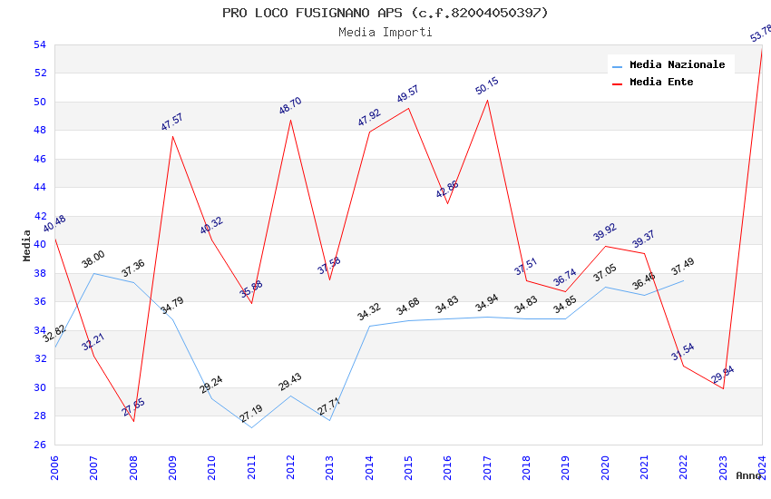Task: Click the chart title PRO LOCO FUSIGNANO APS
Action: pos(385,13)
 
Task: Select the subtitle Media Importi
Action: pos(385,33)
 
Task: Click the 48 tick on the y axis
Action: pos(40,131)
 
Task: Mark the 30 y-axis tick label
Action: pos(40,387)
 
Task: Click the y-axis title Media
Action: pos(26,245)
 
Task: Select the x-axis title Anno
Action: pos(748,475)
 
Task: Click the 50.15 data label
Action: pos(487,86)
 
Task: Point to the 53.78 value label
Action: pos(760,34)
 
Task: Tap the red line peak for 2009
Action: pos(172,136)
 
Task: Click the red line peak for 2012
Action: pos(290,120)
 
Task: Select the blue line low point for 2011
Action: pos(251,427)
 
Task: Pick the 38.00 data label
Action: pos(93,256)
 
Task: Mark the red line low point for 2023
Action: pos(723,388)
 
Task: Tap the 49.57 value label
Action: pos(408,93)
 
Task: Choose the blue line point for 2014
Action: pos(369,326)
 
